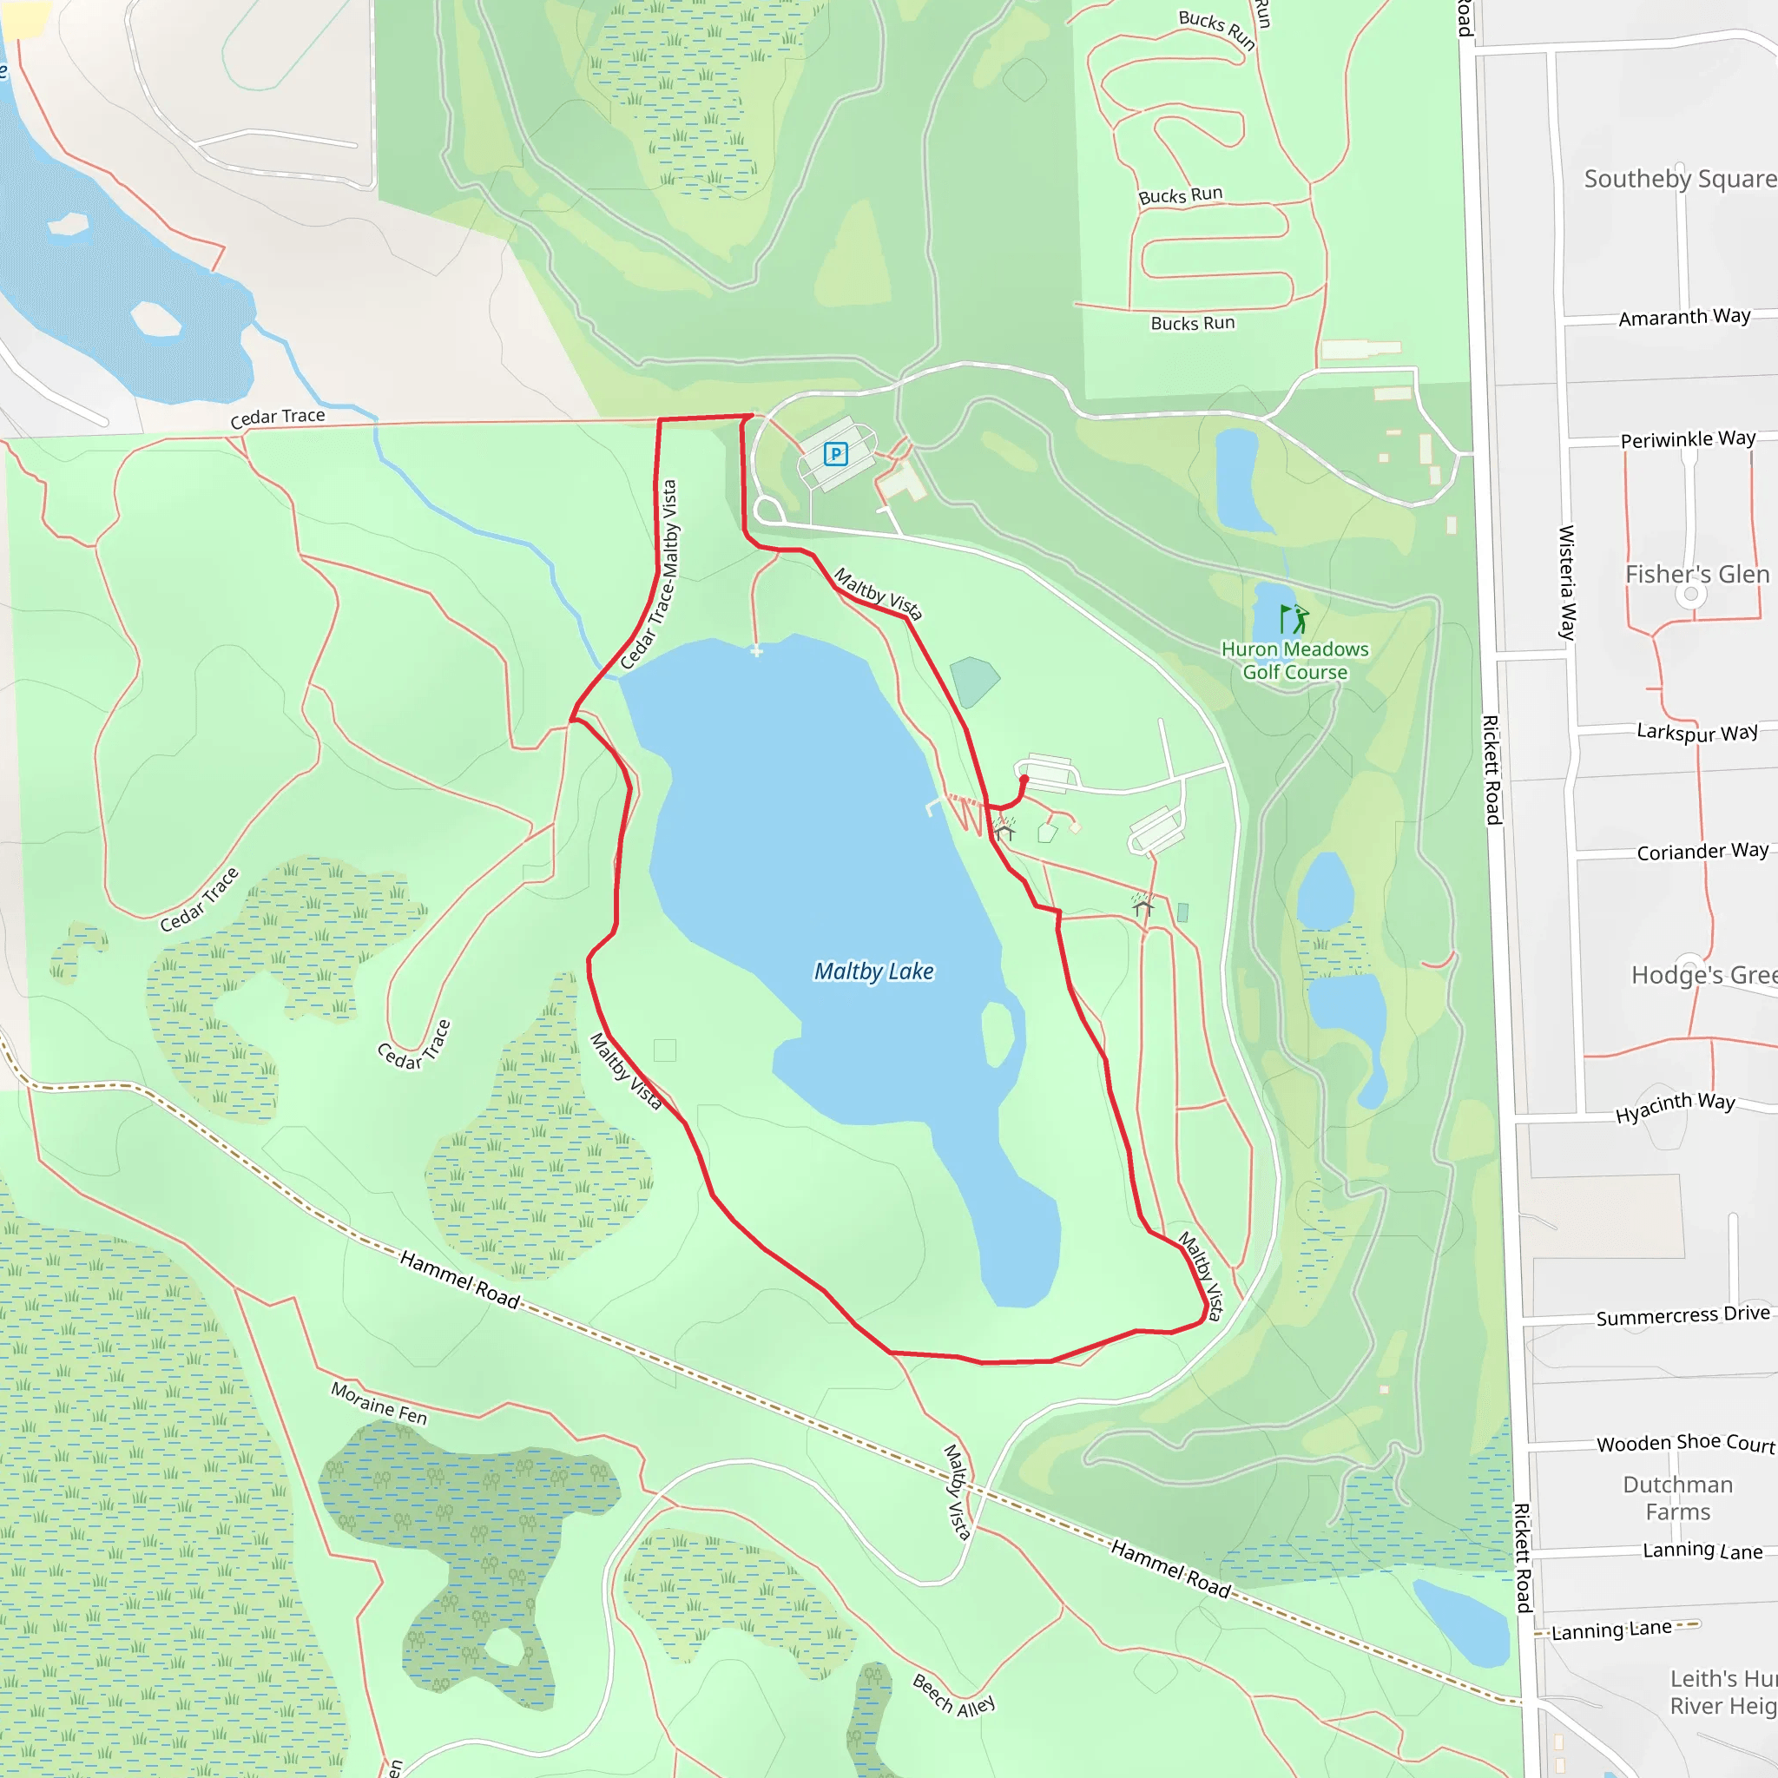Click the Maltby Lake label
[873, 971]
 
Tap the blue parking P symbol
[836, 454]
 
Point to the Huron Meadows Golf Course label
[1294, 661]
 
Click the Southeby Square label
[1680, 179]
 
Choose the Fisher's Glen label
[1697, 574]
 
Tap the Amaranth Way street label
[1684, 318]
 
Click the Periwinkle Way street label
[1688, 439]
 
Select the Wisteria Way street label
[1566, 583]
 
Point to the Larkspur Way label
[1697, 732]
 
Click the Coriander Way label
[1702, 852]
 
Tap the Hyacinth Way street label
[1675, 1108]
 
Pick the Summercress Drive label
[1683, 1316]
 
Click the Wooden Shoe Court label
[1686, 1443]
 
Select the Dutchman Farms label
[1677, 1498]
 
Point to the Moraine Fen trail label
[379, 1405]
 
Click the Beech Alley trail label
[953, 1696]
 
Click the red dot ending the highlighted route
[1024, 780]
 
